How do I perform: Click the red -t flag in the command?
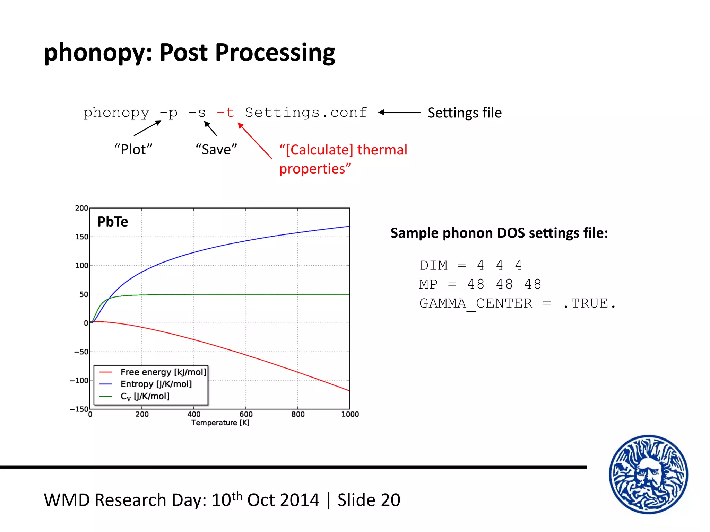point(225,113)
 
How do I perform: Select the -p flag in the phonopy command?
point(169,113)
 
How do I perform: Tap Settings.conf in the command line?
point(306,113)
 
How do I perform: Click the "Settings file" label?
point(465,113)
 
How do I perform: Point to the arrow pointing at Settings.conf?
point(399,112)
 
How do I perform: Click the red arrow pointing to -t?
point(254,141)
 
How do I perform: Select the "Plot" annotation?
point(133,150)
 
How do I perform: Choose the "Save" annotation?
point(216,150)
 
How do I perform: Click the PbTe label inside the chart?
point(113,222)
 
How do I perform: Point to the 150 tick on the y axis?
point(82,237)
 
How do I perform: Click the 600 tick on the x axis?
point(246,414)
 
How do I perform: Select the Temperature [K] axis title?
point(220,423)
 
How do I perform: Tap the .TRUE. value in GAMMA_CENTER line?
point(589,304)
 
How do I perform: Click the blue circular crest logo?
point(648,475)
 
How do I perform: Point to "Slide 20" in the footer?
point(369,500)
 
